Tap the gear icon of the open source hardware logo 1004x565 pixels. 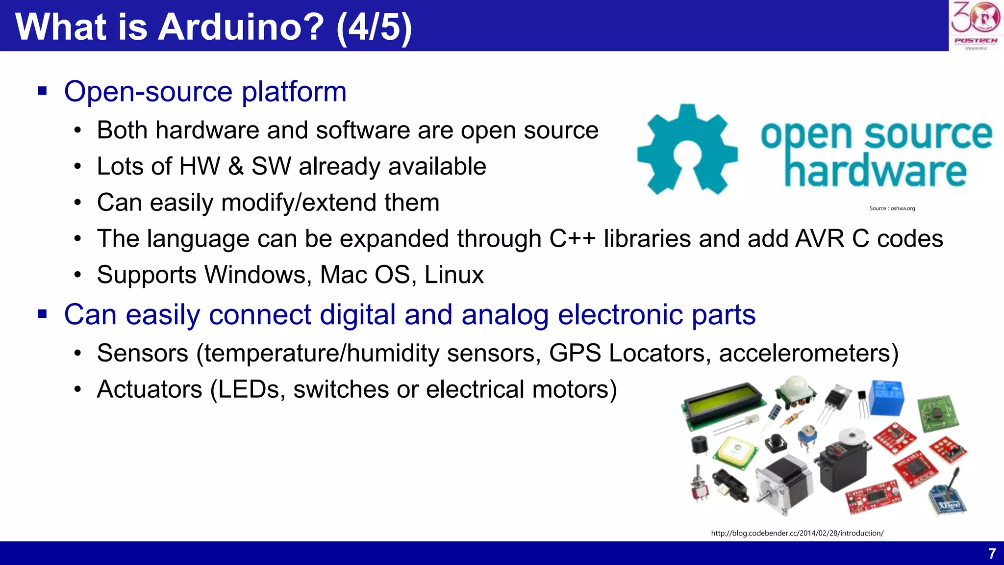tap(687, 149)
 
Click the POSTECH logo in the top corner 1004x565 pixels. tap(976, 26)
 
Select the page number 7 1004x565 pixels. tap(992, 554)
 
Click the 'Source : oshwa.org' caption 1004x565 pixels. tap(892, 208)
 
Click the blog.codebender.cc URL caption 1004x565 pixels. tap(797, 533)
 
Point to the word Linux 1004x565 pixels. tap(454, 275)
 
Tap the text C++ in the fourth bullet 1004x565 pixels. tap(572, 239)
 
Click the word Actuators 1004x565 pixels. tap(150, 389)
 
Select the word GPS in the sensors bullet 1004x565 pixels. tap(575, 353)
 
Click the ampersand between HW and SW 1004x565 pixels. tap(236, 166)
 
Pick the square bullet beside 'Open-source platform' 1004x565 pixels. tap(42, 91)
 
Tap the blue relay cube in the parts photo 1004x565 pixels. tap(886, 398)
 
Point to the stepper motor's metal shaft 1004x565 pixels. tap(763, 496)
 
